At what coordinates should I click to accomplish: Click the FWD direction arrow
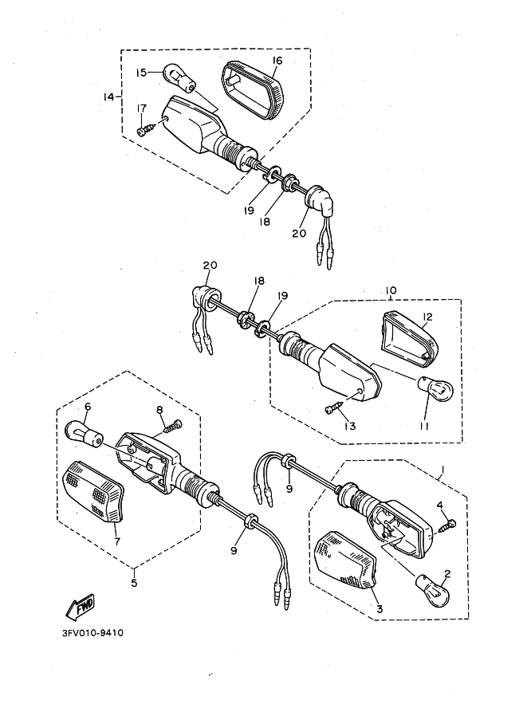coord(81,608)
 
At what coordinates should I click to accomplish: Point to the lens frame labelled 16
coord(251,89)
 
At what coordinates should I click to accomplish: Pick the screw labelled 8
coord(171,425)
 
